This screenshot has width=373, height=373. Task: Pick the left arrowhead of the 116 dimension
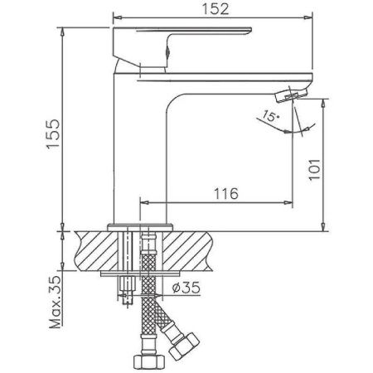(143, 201)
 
